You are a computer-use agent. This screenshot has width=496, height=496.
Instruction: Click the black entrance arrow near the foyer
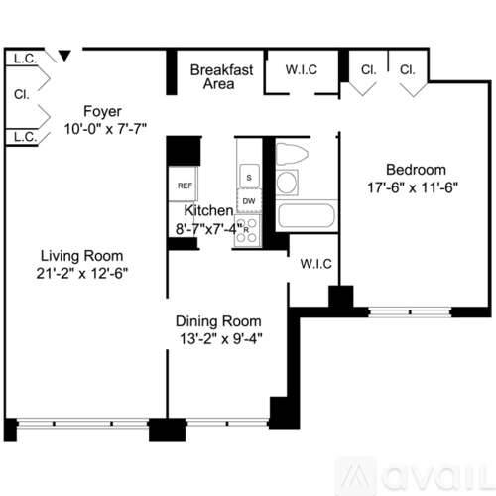tap(64, 56)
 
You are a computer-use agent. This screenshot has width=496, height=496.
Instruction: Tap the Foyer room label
tap(102, 111)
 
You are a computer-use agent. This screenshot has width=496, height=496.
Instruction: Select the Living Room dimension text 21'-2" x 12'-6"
tap(82, 274)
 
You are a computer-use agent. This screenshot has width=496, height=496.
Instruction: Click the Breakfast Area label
tap(221, 76)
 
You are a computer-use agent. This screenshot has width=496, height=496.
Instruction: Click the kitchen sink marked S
tap(249, 177)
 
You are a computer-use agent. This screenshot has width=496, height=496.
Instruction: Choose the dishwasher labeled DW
tap(249, 201)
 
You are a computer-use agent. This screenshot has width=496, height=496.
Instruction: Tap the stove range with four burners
tap(248, 231)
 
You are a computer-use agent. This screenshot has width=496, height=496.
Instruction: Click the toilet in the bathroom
tap(292, 153)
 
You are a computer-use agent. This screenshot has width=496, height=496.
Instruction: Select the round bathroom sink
tap(287, 183)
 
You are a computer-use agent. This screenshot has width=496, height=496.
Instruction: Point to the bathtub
tap(307, 215)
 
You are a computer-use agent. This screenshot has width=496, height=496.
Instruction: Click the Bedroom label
tap(416, 170)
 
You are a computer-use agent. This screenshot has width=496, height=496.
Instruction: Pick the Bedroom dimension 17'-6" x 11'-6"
tap(413, 187)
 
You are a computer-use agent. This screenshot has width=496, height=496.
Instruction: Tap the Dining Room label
tap(218, 321)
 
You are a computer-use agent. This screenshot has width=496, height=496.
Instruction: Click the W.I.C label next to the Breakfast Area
tap(302, 69)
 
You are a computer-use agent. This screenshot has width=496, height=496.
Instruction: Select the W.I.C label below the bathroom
tap(316, 264)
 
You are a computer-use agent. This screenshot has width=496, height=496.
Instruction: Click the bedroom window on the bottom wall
tap(410, 312)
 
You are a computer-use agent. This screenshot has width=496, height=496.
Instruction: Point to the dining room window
tap(227, 424)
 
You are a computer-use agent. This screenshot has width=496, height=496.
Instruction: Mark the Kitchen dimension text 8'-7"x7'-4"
tap(209, 229)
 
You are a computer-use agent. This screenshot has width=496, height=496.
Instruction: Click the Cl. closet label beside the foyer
tap(22, 94)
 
